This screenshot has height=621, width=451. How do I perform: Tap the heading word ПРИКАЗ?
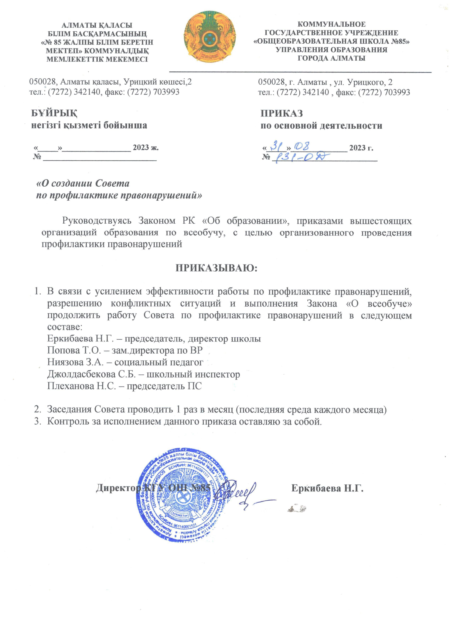[x=281, y=113]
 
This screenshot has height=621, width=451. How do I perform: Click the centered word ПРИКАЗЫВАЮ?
[x=216, y=267]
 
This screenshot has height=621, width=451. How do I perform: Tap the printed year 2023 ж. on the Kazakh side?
[x=146, y=148]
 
